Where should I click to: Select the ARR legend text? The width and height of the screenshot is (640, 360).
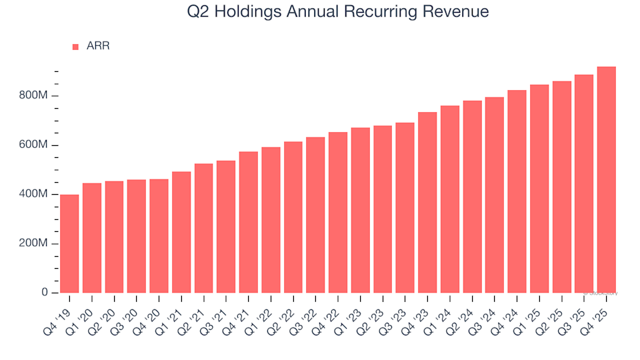click(x=98, y=46)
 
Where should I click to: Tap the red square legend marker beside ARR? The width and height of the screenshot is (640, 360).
click(x=75, y=47)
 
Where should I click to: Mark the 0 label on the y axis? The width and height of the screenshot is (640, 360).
click(x=45, y=293)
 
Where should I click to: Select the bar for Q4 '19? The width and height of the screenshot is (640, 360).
click(x=69, y=244)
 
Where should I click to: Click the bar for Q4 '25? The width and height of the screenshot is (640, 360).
click(x=606, y=180)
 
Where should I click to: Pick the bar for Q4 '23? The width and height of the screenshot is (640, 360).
click(x=427, y=203)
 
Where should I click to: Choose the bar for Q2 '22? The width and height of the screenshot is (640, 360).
click(x=293, y=217)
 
